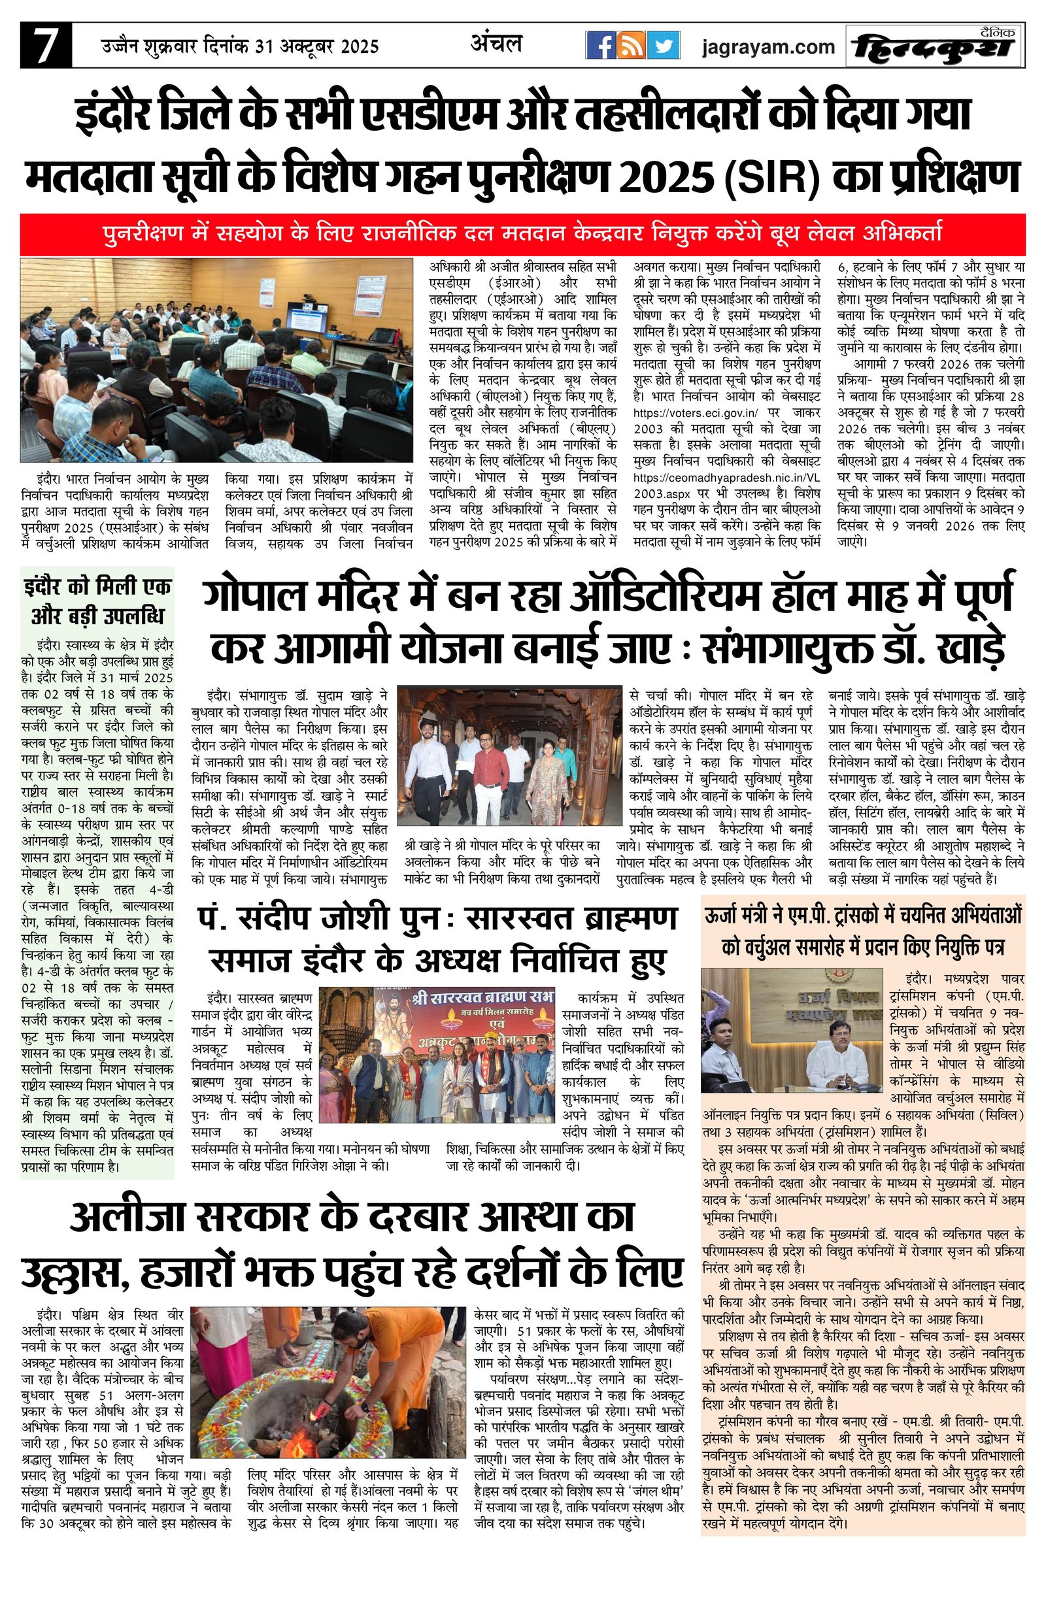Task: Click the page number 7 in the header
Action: pos(45,45)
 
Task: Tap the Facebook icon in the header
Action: pos(599,46)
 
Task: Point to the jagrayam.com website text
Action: pos(768,47)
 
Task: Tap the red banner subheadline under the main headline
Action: pos(522,234)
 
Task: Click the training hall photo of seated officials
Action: pos(216,359)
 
